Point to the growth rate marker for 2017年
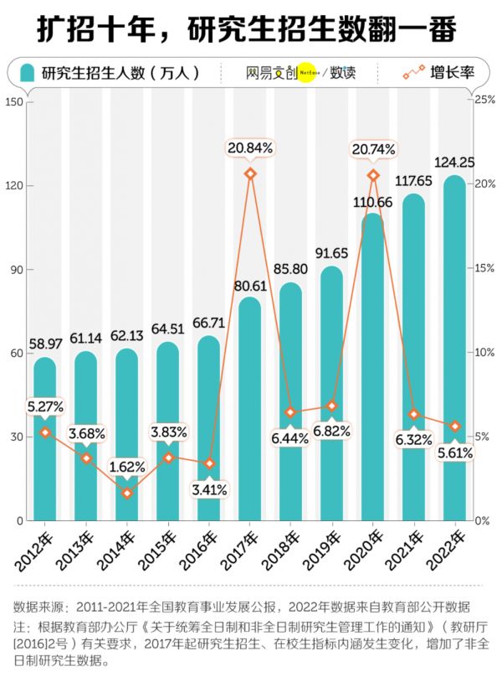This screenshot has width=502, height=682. tap(250, 173)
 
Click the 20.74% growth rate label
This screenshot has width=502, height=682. tap(373, 149)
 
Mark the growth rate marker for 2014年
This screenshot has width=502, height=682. tap(127, 493)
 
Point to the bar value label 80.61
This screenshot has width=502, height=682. tap(250, 286)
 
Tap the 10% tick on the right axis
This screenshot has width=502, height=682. tap(485, 353)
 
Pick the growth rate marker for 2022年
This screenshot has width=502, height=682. tap(455, 426)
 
